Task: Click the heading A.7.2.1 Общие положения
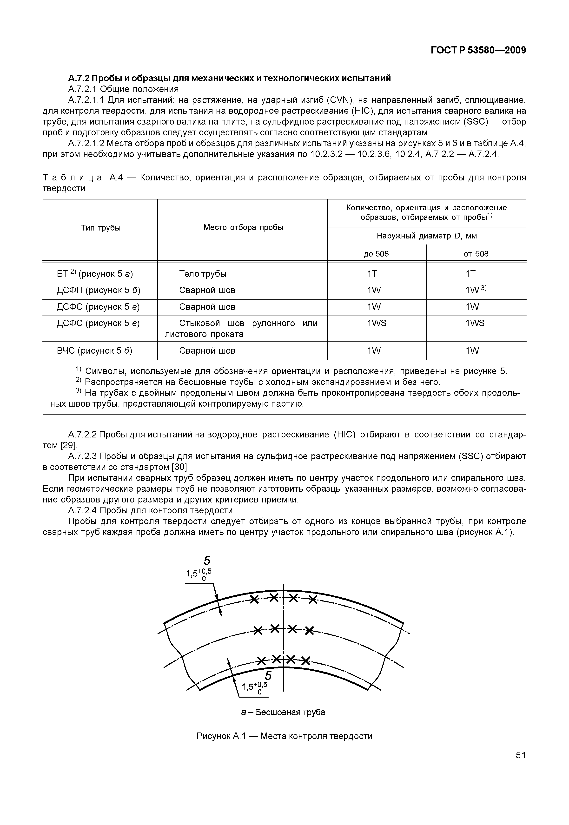[x=123, y=89]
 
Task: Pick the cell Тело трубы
[x=203, y=274]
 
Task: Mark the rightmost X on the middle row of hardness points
[x=310, y=631]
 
